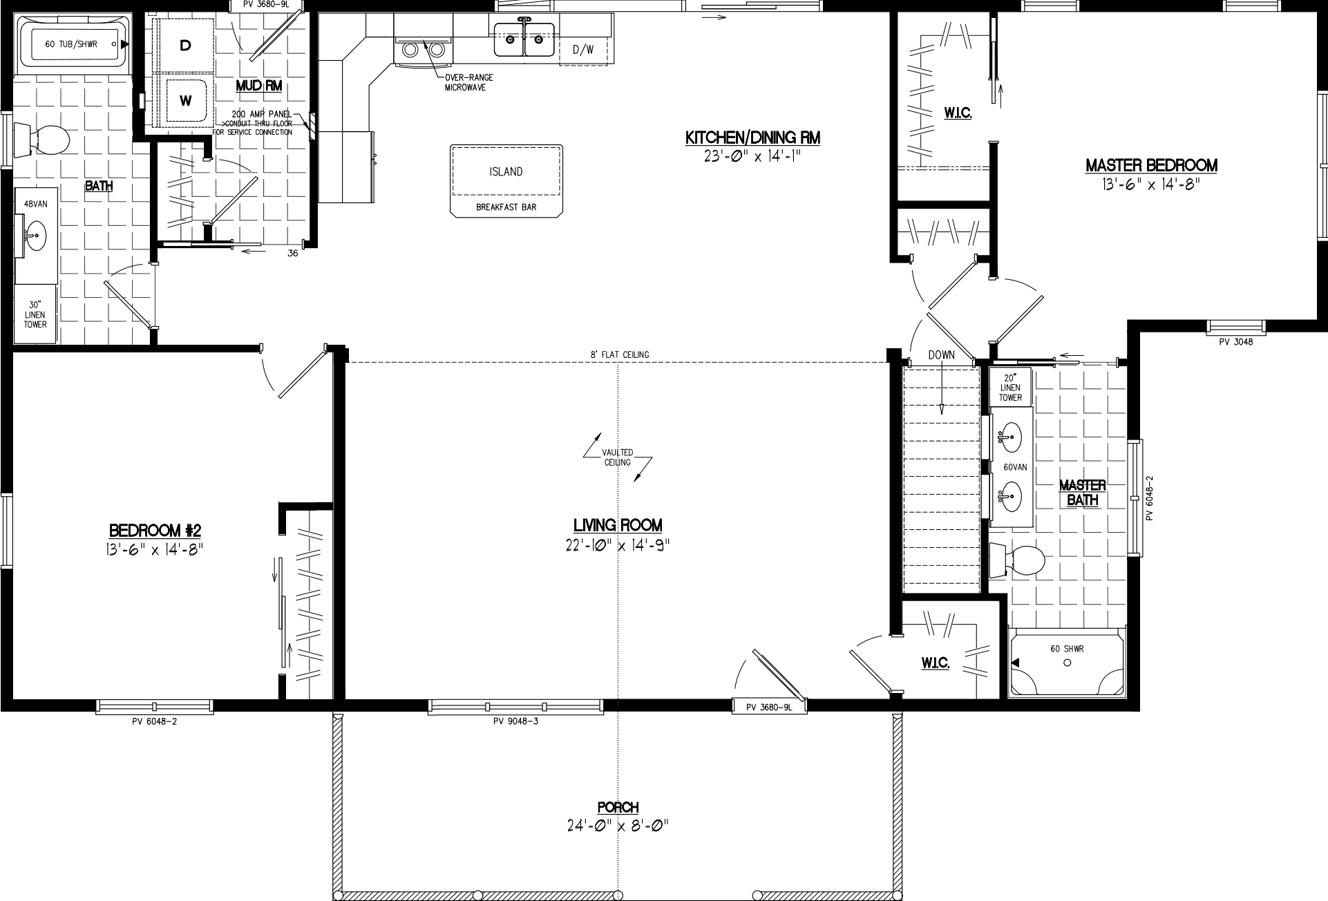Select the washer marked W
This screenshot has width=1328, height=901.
click(185, 101)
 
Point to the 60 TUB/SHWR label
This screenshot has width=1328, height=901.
click(71, 44)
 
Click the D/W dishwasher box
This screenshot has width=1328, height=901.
click(584, 50)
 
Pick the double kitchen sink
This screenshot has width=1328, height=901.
click(524, 39)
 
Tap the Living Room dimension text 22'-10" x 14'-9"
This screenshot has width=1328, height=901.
click(618, 546)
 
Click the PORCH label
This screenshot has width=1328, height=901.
click(618, 807)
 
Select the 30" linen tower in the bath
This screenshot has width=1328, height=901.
click(35, 314)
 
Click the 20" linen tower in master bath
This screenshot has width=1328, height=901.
click(1010, 388)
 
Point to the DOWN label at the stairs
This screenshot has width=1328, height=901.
click(941, 354)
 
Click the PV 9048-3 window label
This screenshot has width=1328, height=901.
click(515, 722)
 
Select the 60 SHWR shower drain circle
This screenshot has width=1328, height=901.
click(1067, 663)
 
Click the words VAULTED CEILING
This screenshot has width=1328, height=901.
click(617, 457)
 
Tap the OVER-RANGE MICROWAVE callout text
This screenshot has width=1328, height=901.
click(469, 83)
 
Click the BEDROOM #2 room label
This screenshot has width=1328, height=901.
click(155, 531)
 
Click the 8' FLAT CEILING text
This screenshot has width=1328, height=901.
click(619, 355)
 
